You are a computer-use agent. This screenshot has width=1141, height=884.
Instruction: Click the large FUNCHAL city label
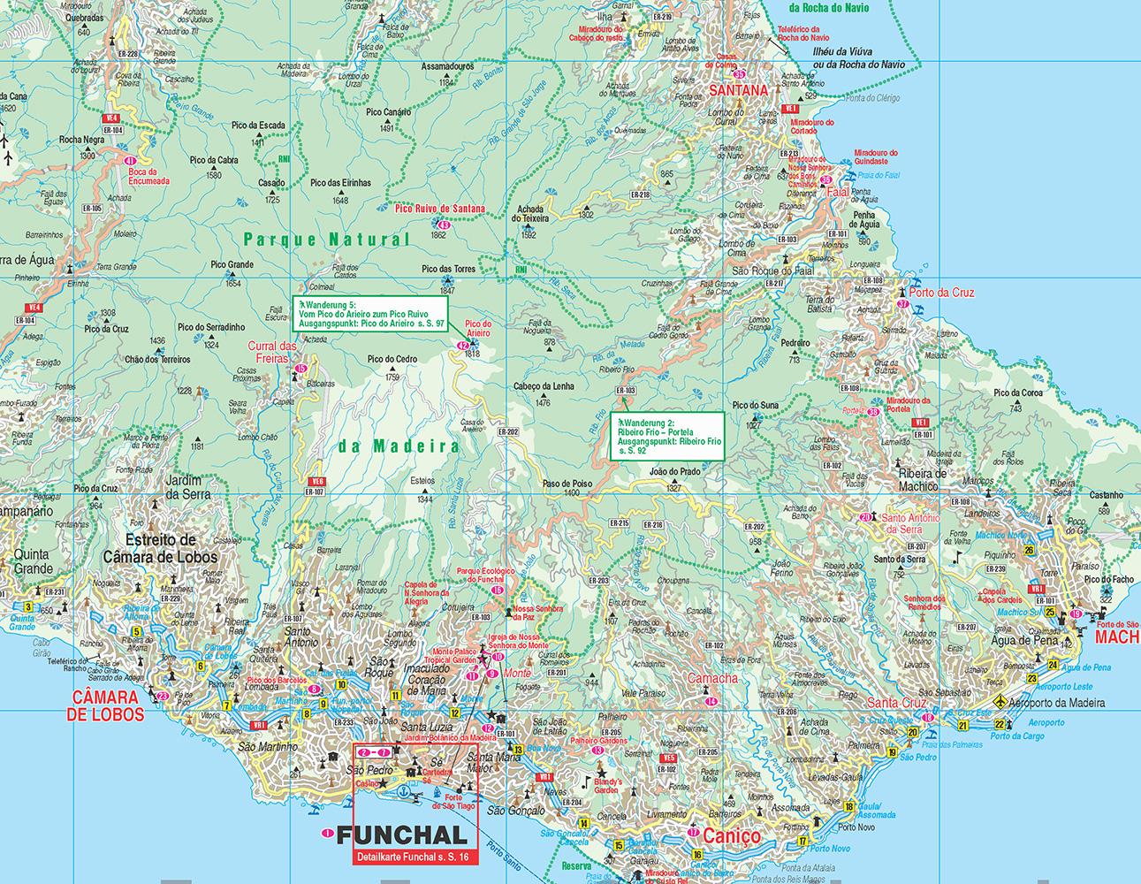pyautogui.click(x=401, y=835)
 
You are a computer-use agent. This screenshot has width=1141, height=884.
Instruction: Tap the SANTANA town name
pyautogui.click(x=739, y=90)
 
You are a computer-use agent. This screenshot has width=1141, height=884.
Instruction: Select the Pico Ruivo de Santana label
pyautogui.click(x=439, y=209)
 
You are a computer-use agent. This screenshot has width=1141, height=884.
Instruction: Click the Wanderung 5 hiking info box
pyautogui.click(x=371, y=315)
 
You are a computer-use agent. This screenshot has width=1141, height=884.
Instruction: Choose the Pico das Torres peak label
pyautogui.click(x=449, y=268)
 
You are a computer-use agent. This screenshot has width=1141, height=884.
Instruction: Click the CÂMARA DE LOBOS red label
pyautogui.click(x=106, y=705)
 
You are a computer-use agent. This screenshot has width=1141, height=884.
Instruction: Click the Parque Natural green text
pyautogui.click(x=327, y=240)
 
